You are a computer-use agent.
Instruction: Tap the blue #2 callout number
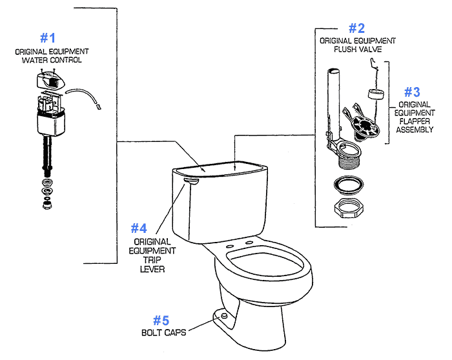(x=356, y=28)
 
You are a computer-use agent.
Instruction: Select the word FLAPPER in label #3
(x=414, y=120)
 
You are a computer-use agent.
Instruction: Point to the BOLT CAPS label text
(x=164, y=333)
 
